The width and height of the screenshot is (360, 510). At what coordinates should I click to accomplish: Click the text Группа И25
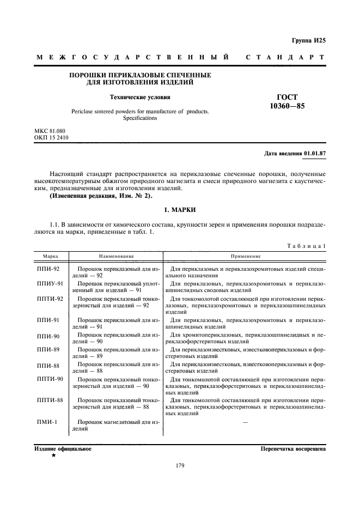(309, 41)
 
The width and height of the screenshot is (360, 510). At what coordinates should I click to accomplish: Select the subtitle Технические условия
(141, 98)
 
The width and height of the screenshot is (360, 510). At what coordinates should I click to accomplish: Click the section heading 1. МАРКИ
(180, 210)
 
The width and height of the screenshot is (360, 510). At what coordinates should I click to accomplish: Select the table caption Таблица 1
(306, 246)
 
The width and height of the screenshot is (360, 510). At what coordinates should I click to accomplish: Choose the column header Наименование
(117, 256)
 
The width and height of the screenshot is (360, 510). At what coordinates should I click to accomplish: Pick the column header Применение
(245, 256)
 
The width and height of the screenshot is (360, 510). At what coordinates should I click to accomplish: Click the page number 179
(180, 465)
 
